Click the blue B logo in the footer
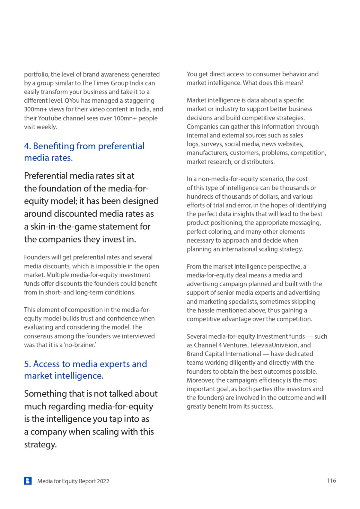pos(28,481)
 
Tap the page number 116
pos(331,480)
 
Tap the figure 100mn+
pos(125,118)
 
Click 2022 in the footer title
pos(103,481)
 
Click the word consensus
pos(38,336)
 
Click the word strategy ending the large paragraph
pos(40,444)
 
